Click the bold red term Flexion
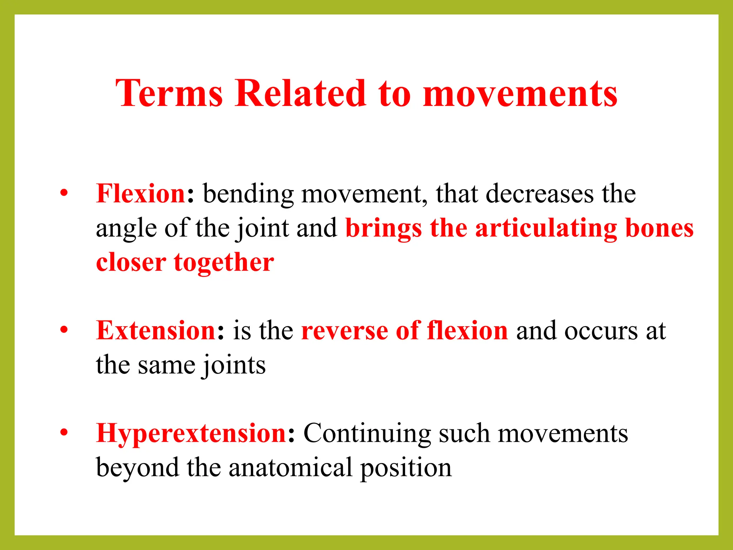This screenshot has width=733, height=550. (140, 194)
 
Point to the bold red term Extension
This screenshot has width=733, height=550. (156, 331)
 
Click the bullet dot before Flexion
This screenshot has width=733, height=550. (64, 193)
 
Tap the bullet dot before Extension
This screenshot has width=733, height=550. (64, 330)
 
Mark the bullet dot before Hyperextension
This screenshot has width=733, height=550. (64, 433)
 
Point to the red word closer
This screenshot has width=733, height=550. (131, 262)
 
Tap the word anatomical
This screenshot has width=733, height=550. (290, 468)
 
